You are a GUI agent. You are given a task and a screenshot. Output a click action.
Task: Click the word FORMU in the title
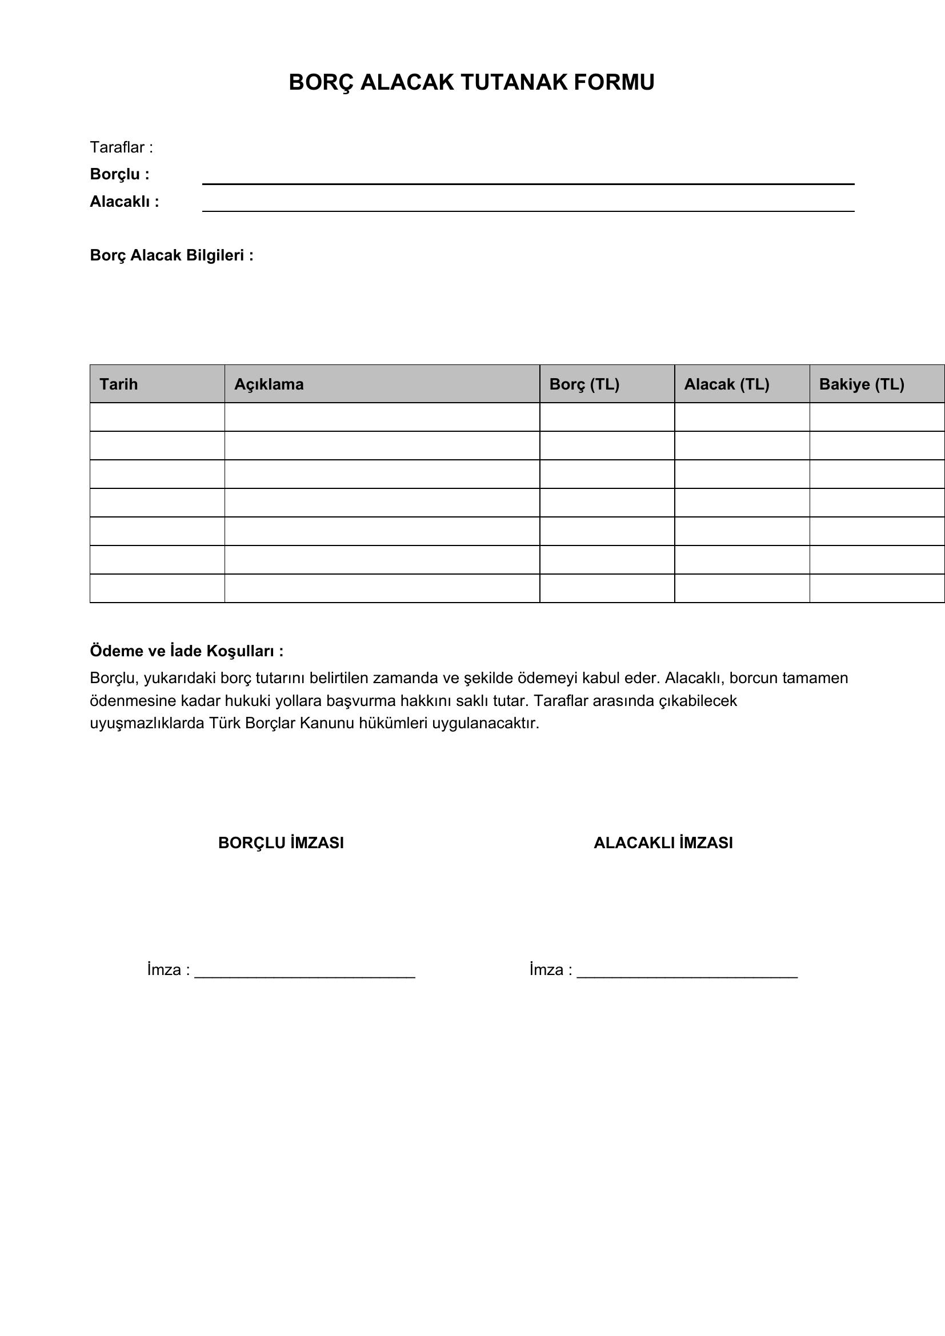[x=614, y=83]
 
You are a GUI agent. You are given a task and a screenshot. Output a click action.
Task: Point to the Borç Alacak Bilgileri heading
[x=171, y=255]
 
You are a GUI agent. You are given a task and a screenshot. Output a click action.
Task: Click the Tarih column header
[x=119, y=384]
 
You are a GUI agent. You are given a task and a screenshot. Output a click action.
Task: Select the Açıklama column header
[x=269, y=384]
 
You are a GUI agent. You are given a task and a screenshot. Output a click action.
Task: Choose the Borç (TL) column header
[x=584, y=384]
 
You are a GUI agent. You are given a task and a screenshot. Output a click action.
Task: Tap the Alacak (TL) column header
[x=726, y=384]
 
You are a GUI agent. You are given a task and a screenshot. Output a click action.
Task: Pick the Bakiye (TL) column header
[x=861, y=384]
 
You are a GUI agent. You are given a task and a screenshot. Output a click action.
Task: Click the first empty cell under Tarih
[x=157, y=416]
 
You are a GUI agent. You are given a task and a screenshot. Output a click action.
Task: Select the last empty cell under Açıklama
[x=382, y=588]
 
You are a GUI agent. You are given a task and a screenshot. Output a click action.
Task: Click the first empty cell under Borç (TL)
[x=607, y=416]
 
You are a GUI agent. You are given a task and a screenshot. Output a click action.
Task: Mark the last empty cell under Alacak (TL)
[x=742, y=588]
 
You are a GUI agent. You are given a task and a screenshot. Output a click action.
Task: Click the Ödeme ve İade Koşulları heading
[x=187, y=651]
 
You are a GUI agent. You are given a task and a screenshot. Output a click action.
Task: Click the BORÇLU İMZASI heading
[x=281, y=843]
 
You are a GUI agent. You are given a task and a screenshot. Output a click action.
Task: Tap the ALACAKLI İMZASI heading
[x=663, y=843]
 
